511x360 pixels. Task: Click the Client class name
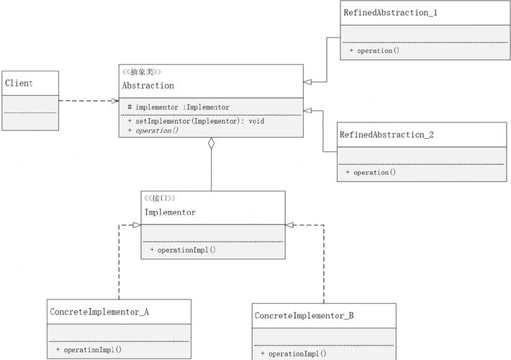19,84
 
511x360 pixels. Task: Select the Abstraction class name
148,86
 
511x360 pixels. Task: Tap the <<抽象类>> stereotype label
141,72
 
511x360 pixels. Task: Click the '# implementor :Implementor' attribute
178,107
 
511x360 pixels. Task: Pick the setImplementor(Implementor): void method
196,121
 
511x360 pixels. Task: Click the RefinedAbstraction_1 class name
390,13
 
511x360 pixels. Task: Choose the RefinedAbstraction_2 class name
386,135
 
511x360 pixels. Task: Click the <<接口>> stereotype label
159,198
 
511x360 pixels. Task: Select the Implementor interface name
170,212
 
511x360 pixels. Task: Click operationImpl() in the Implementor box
183,250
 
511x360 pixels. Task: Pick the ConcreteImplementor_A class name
99,312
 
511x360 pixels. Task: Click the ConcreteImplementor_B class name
304,316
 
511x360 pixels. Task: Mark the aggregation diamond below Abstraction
211,143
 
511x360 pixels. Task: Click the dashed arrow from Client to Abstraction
86,101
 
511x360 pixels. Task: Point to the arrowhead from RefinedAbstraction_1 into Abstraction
307,82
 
